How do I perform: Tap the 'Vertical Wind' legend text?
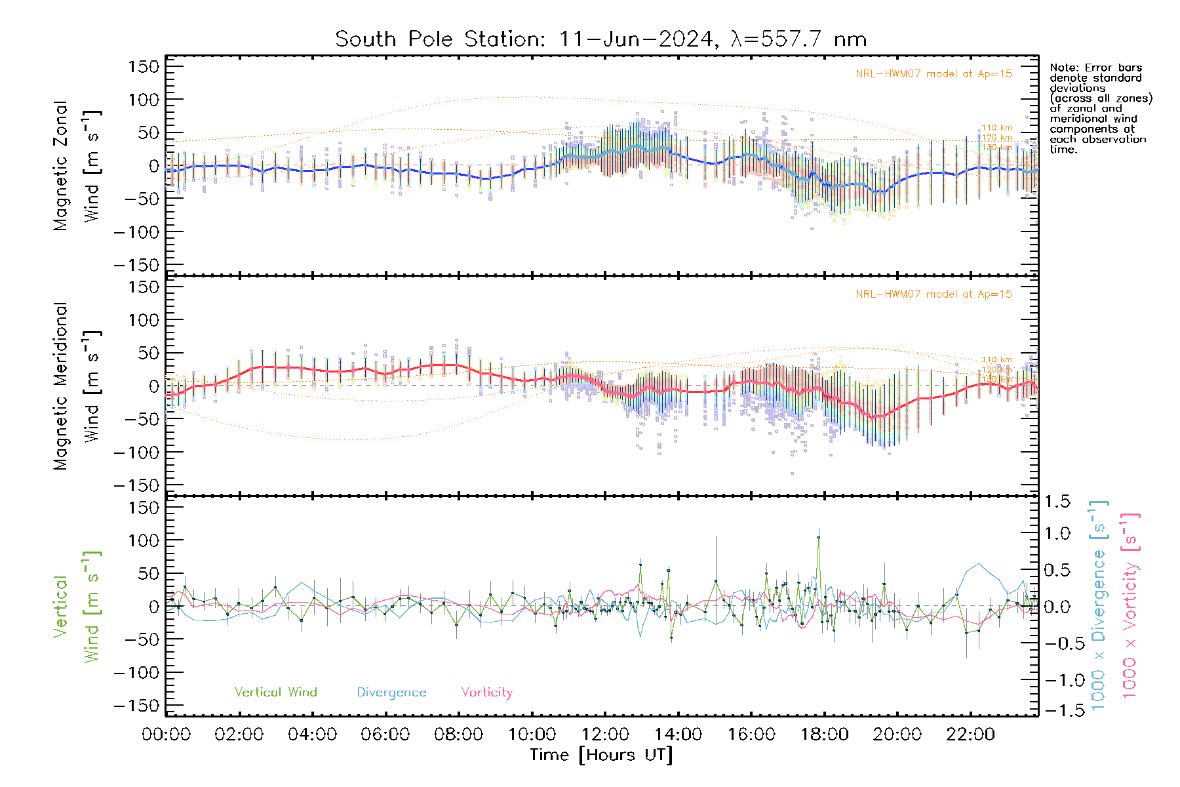[x=275, y=692]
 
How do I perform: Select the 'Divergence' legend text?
[x=391, y=692]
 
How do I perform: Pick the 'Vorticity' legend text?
[x=486, y=692]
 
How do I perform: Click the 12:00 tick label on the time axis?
[x=605, y=735]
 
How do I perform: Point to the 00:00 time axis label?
[x=166, y=735]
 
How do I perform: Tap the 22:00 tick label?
[x=970, y=735]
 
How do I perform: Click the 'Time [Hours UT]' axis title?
[x=601, y=755]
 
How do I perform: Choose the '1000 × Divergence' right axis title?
[x=1099, y=606]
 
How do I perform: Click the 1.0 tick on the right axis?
[x=1057, y=533]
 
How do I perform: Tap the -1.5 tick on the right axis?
[x=1057, y=710]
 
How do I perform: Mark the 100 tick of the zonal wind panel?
[x=144, y=100]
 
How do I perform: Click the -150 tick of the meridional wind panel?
[x=136, y=485]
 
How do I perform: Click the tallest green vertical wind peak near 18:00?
[x=818, y=537]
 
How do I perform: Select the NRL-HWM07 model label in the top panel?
[x=934, y=73]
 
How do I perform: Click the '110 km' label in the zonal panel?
[x=996, y=128]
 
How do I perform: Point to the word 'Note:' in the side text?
[x=1064, y=68]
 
